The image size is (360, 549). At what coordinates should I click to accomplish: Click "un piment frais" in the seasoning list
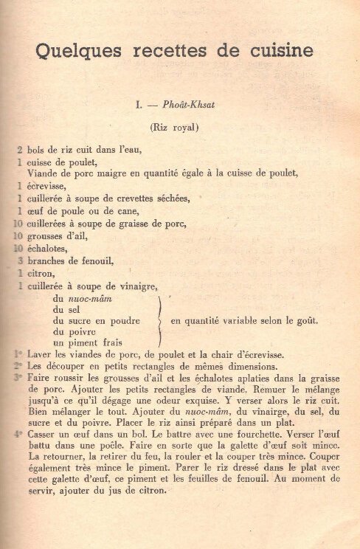point(86,343)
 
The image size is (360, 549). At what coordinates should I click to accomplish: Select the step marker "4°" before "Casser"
point(18,435)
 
